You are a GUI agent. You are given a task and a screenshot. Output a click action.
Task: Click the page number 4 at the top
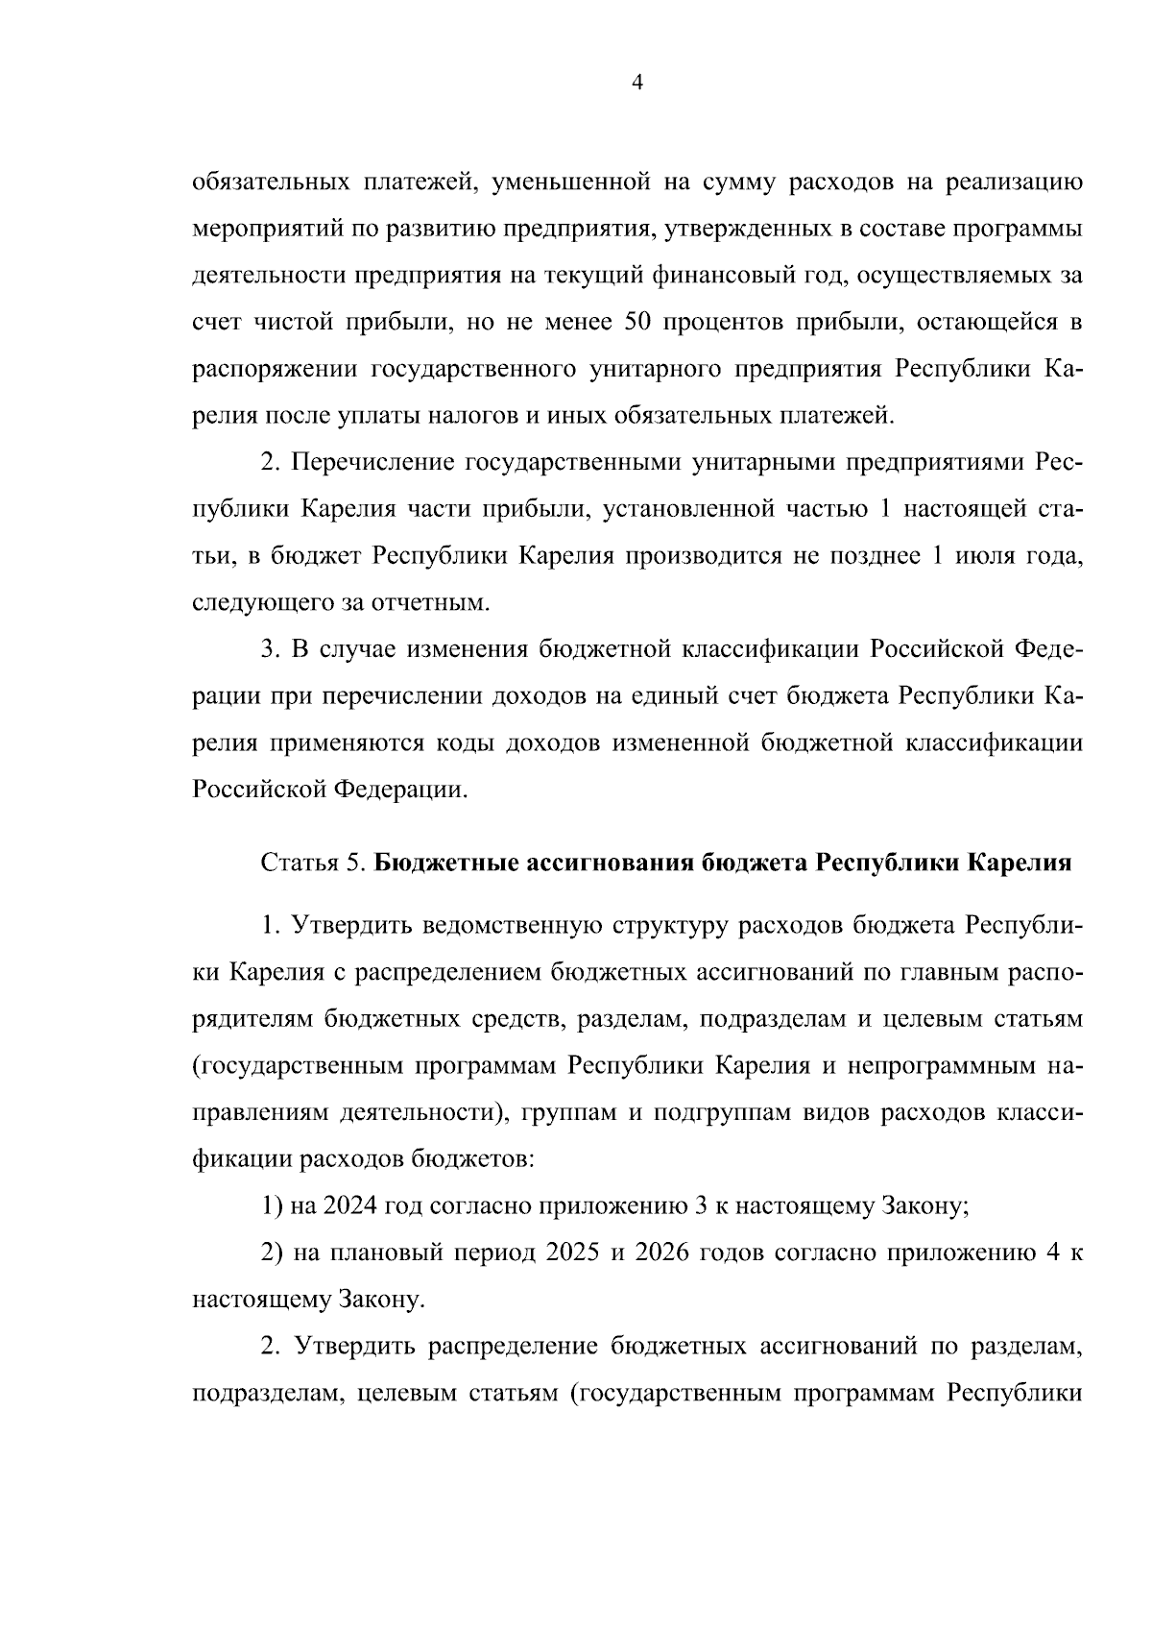point(637,84)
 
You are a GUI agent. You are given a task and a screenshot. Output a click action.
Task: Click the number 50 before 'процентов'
point(638,323)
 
